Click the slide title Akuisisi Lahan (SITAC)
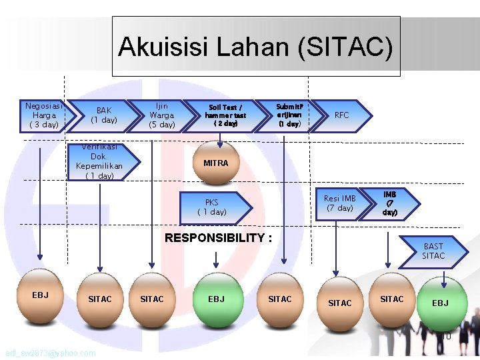256,47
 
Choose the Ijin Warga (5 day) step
161,115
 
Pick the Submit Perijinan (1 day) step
289,115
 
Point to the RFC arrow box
341,115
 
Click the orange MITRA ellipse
215,163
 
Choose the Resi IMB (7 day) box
340,203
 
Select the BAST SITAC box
433,251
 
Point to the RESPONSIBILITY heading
218,238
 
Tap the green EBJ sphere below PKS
216,299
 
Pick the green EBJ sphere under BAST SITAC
439,303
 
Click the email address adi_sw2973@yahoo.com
49,353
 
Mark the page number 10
447,337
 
